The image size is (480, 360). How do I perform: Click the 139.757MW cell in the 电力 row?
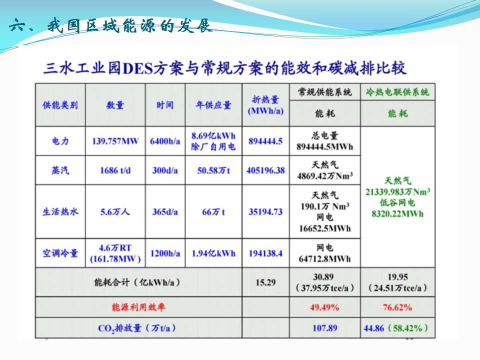click(x=115, y=141)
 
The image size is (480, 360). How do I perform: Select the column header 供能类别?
click(x=60, y=105)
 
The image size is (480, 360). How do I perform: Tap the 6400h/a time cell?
click(x=165, y=141)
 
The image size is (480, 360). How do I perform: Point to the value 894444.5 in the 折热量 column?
click(x=265, y=141)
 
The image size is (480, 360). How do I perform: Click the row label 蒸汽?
click(x=60, y=170)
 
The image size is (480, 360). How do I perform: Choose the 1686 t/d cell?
click(x=115, y=170)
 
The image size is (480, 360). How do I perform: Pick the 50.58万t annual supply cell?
click(x=213, y=170)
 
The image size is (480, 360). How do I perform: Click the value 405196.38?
click(x=265, y=170)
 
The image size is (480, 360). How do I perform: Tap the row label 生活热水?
click(x=60, y=211)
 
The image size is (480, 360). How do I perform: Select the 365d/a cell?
click(x=165, y=211)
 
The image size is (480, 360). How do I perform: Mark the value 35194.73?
click(x=265, y=211)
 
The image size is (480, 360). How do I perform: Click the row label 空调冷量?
click(x=60, y=253)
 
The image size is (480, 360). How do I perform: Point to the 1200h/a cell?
click(x=165, y=253)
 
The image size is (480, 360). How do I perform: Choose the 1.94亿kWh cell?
click(x=213, y=253)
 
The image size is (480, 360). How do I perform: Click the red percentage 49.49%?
click(x=324, y=307)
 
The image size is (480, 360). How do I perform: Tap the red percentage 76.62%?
click(x=397, y=307)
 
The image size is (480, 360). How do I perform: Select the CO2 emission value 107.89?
click(x=324, y=328)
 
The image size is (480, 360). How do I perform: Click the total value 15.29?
click(x=265, y=282)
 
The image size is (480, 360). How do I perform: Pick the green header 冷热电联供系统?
click(x=397, y=92)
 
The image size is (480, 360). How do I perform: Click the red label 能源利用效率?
click(x=138, y=307)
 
